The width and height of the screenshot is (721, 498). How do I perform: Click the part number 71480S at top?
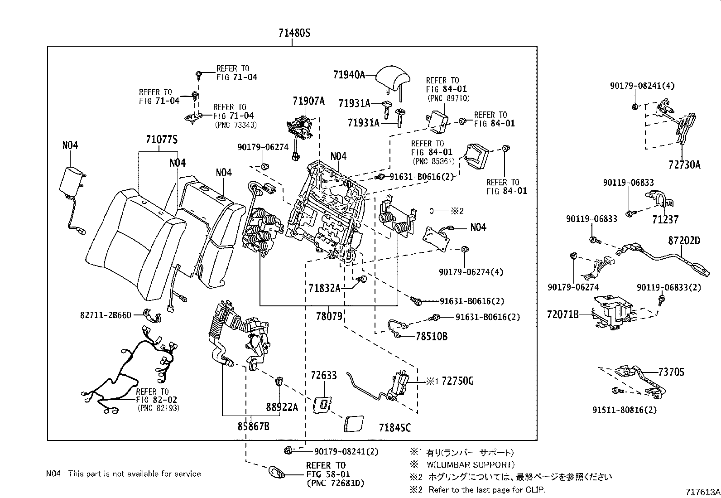(x=294, y=33)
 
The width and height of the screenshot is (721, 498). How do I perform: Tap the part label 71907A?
(x=308, y=101)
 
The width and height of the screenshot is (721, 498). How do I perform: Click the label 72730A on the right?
(x=684, y=165)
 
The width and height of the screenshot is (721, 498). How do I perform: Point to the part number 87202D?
(x=684, y=241)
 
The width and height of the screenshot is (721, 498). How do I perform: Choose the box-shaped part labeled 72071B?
(x=611, y=311)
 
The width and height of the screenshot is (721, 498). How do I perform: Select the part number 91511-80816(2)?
(x=624, y=410)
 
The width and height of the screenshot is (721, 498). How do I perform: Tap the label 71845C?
(x=394, y=427)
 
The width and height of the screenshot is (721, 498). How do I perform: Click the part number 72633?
(x=323, y=376)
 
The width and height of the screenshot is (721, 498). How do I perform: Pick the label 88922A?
(x=282, y=407)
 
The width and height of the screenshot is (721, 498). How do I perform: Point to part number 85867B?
(x=253, y=426)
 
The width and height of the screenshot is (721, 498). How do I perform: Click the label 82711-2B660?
(x=106, y=314)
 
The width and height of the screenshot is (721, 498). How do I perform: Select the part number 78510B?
(x=431, y=337)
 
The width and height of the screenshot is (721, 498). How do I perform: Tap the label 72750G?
(x=457, y=381)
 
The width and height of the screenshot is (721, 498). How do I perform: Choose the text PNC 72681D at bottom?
(x=335, y=483)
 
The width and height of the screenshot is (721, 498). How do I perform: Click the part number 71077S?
(x=161, y=140)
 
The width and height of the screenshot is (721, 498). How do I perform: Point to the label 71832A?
(x=324, y=288)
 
